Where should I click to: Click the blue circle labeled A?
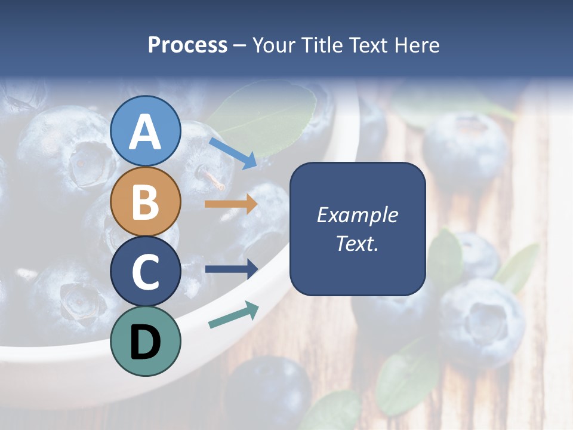(x=146, y=131)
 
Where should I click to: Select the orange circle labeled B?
(x=146, y=201)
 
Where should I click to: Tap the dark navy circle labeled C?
(x=146, y=272)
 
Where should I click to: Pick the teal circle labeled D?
(x=146, y=341)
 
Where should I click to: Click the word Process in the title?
(x=187, y=45)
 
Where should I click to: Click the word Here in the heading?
(x=416, y=45)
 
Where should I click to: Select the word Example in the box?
(x=358, y=215)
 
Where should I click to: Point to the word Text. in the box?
(x=358, y=243)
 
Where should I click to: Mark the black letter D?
(x=145, y=342)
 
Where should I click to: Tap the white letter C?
(x=146, y=272)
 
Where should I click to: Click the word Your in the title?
(x=275, y=45)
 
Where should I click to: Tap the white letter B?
(x=146, y=202)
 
